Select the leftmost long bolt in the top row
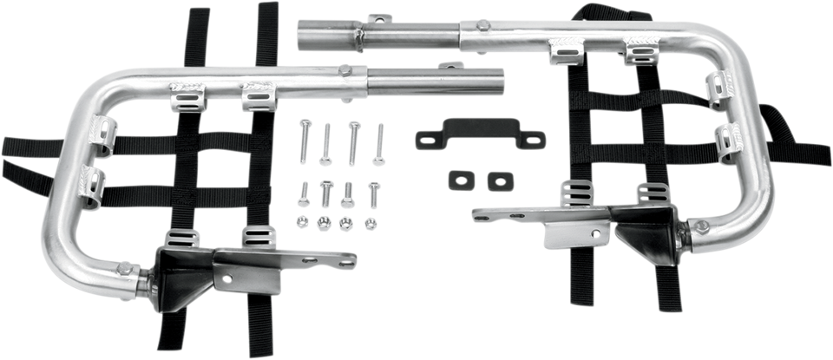[x=305, y=139]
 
